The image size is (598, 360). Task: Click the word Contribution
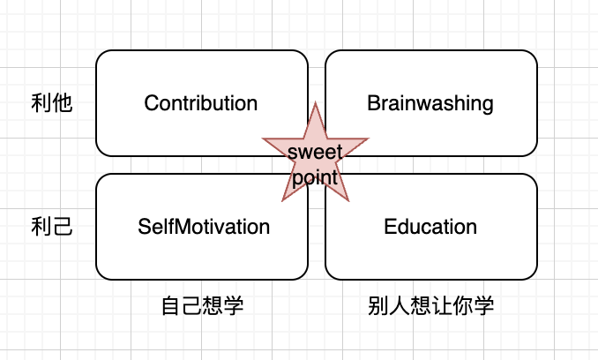(x=201, y=103)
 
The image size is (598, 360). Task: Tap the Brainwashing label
(x=430, y=103)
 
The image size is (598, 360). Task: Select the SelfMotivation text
(x=204, y=227)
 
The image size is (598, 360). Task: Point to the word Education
(x=430, y=227)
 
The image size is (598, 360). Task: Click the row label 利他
(x=50, y=104)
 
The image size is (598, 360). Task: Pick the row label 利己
(x=50, y=228)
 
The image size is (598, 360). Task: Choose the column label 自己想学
(x=202, y=306)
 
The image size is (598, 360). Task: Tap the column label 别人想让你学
(x=431, y=306)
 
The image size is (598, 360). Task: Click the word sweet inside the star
(x=316, y=152)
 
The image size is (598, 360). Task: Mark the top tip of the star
(x=316, y=103)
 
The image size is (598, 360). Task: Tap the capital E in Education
(x=390, y=227)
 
